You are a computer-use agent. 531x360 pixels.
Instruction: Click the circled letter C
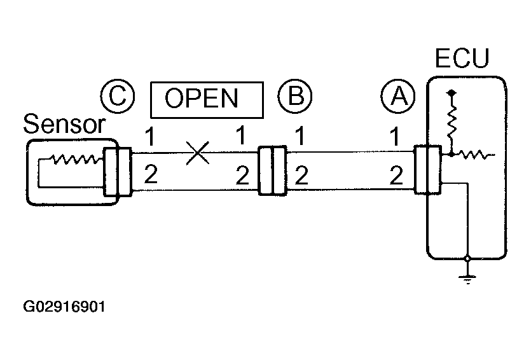coord(117,97)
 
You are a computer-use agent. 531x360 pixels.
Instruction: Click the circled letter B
coord(294,97)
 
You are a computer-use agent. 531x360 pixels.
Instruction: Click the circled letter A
coord(397,97)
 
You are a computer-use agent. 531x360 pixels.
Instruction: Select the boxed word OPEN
coord(206,99)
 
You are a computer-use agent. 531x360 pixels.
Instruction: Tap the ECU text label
coord(462,60)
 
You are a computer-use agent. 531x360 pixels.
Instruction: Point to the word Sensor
coord(64,125)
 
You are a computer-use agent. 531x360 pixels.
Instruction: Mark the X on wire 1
coord(198,153)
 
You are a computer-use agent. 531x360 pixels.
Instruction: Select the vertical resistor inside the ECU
coord(452,122)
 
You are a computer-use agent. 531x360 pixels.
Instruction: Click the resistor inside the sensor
coord(74,160)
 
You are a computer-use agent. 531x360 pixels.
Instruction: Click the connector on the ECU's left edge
coord(427,170)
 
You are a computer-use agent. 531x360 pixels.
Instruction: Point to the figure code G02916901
coord(64,307)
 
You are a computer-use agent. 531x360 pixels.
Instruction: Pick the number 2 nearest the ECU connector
coord(396,174)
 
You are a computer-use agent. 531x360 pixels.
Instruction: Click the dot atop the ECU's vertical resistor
coord(452,93)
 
